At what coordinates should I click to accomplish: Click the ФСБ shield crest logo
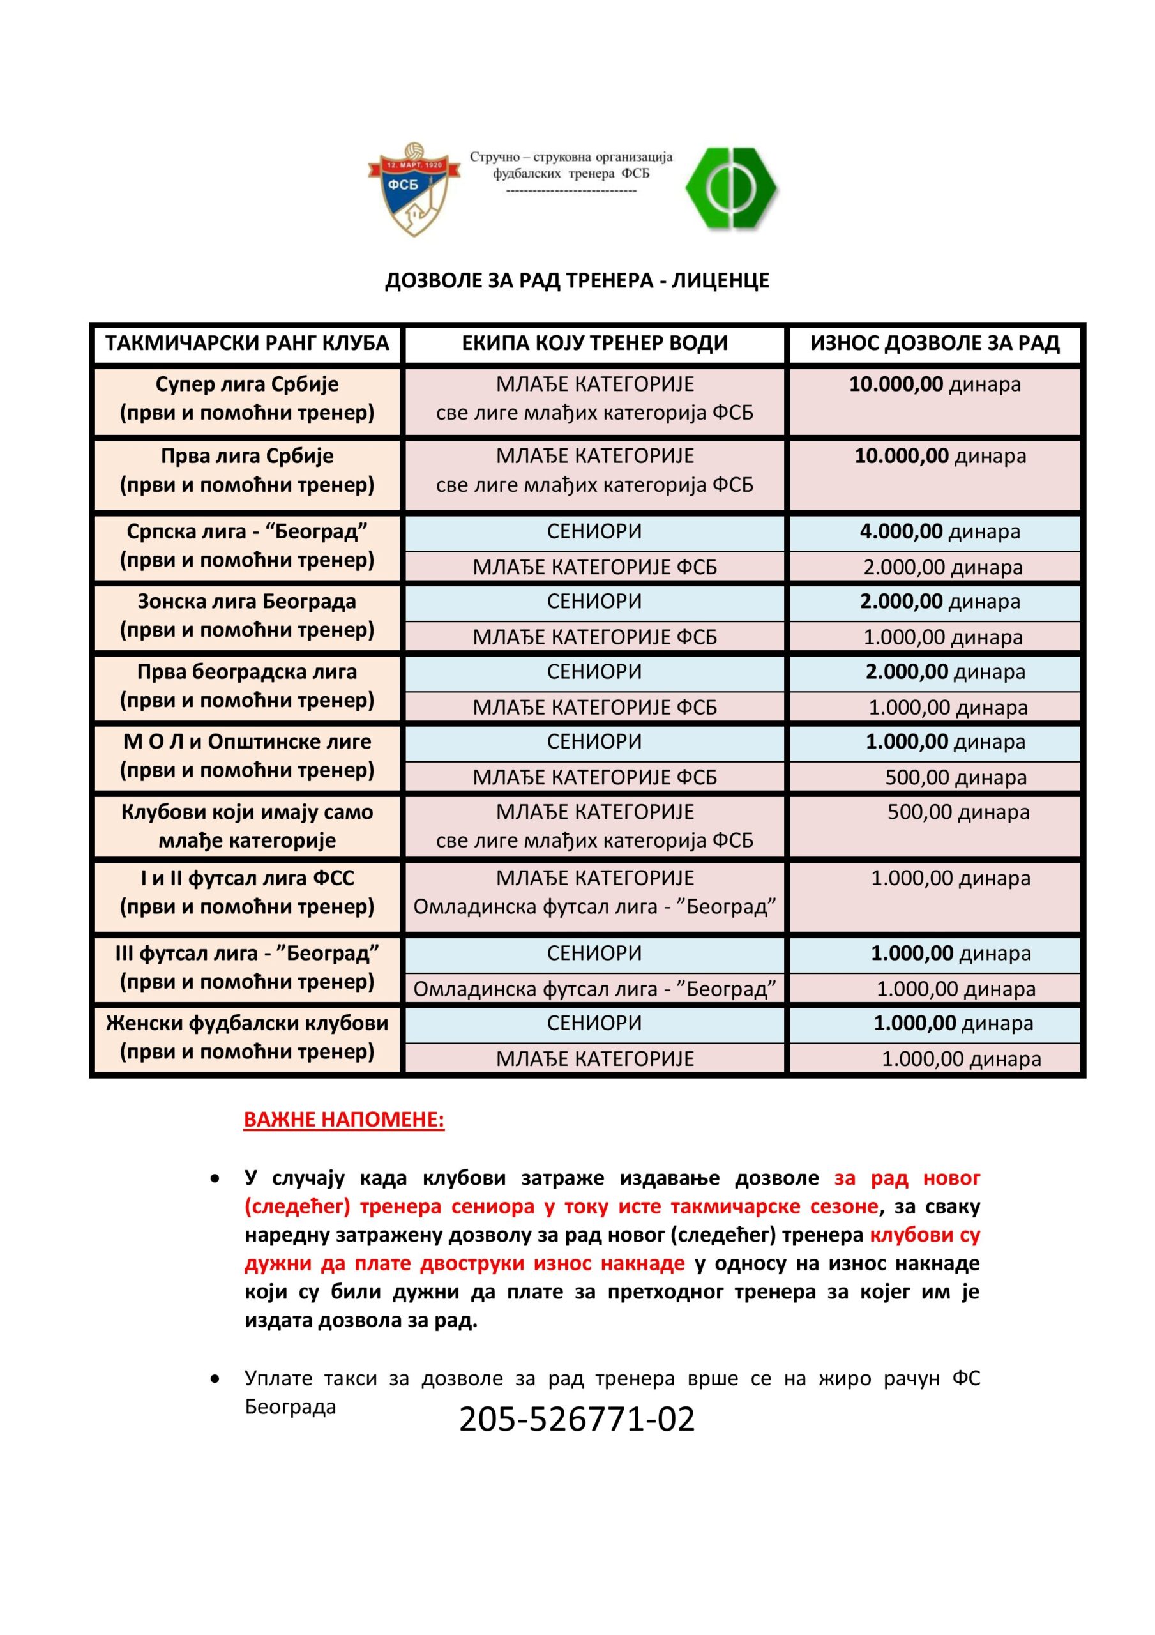tap(413, 188)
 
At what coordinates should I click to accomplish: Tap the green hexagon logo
tap(731, 188)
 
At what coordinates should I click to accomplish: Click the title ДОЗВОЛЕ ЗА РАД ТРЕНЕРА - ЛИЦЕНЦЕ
tap(577, 280)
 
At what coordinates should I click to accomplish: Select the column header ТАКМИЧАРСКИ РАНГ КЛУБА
tap(247, 343)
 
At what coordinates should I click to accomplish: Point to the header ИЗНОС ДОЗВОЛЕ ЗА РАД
tap(934, 343)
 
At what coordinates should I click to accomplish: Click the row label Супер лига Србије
tap(247, 384)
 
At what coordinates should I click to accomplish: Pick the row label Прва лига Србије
tap(247, 456)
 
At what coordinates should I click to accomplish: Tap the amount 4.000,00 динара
tap(939, 531)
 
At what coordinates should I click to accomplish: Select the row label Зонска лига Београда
tap(247, 602)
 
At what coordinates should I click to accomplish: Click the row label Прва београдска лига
tap(247, 671)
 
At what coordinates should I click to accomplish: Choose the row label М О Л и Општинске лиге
tap(247, 741)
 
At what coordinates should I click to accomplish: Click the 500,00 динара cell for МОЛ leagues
tap(955, 777)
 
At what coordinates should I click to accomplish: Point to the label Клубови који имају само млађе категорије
tap(247, 826)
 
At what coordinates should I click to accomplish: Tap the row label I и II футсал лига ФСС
tap(247, 878)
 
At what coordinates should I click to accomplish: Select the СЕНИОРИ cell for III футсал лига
tap(594, 953)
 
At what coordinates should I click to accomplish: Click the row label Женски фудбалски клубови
tap(247, 1023)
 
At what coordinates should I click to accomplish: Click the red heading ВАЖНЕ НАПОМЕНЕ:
tap(344, 1120)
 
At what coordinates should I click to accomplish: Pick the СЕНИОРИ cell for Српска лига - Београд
tap(594, 531)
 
